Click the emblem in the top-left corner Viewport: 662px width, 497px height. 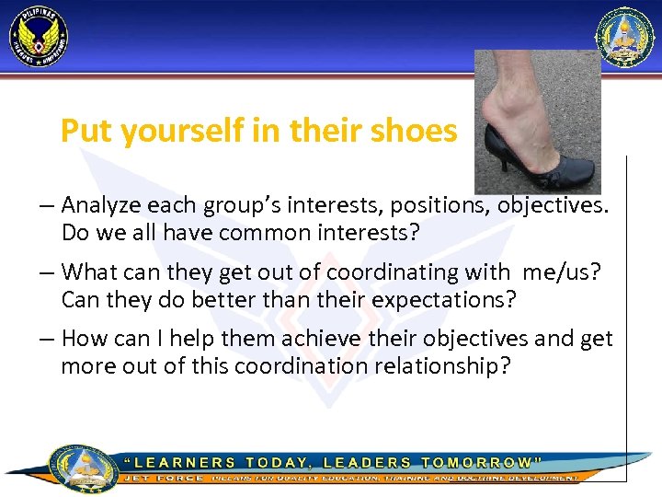[39, 38]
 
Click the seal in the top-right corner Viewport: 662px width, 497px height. [625, 38]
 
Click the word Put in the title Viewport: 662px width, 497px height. [80, 132]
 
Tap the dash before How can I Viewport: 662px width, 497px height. [49, 339]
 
